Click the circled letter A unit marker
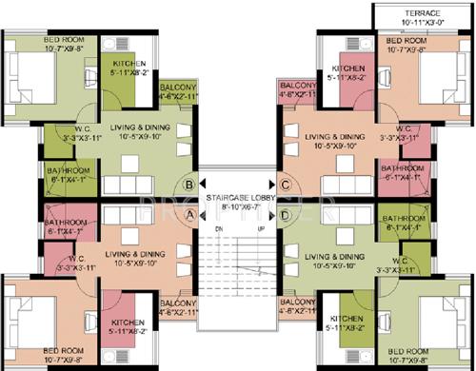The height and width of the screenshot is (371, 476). pos(190,215)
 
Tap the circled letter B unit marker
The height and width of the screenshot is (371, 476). pos(190,185)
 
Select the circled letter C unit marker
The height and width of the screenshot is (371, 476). pos(285,185)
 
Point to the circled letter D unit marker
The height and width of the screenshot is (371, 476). pos(285,215)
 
